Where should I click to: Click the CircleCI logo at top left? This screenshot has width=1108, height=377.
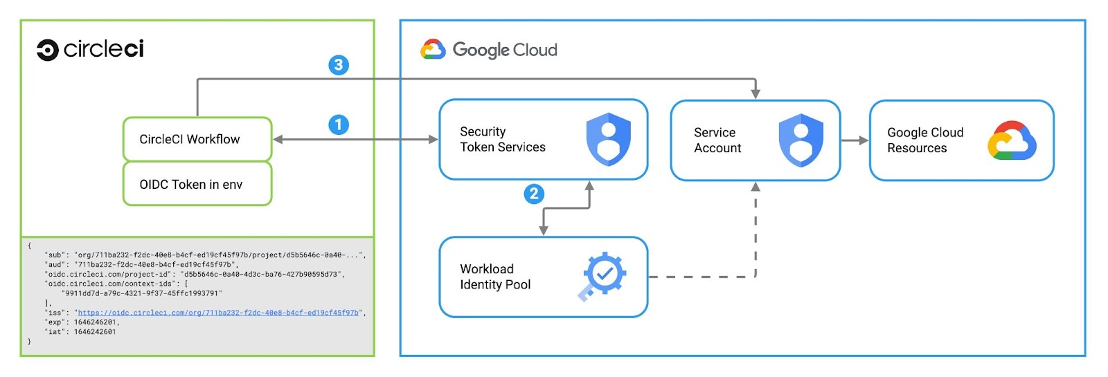(90, 50)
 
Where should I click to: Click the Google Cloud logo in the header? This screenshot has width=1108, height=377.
(489, 50)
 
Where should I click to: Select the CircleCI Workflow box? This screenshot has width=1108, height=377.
(197, 139)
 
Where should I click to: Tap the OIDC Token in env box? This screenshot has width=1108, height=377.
(197, 185)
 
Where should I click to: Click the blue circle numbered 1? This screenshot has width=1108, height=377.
(338, 125)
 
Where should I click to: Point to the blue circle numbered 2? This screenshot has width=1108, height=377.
(533, 194)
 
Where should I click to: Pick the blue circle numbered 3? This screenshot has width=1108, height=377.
(338, 65)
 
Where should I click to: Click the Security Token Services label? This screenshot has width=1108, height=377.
(502, 139)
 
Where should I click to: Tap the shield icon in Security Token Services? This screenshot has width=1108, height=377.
(608, 140)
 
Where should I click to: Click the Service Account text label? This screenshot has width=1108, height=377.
(717, 140)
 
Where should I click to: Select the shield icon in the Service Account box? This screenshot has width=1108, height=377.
(801, 140)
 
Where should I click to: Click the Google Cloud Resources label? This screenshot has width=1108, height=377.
(924, 140)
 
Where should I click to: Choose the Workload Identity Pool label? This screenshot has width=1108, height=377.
(495, 277)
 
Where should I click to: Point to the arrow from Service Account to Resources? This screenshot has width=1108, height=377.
(855, 140)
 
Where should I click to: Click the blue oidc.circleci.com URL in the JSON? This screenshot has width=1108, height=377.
(218, 313)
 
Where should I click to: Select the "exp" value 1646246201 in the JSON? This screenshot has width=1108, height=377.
(96, 322)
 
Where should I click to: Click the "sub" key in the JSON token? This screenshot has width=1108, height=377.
(55, 255)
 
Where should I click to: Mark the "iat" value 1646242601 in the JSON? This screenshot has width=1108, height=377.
(95, 332)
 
